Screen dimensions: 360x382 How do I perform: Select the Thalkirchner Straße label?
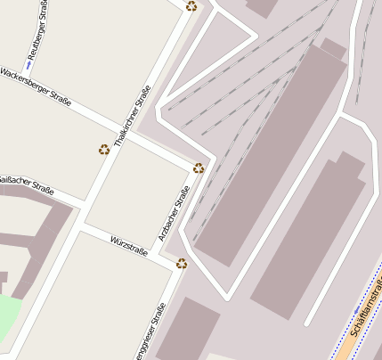(132, 116)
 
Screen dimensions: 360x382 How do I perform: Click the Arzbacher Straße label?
(174, 214)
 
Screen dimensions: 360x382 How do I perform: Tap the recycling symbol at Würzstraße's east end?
(183, 263)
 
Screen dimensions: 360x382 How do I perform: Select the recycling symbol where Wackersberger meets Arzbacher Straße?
(199, 168)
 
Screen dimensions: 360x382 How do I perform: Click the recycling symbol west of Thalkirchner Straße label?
(104, 149)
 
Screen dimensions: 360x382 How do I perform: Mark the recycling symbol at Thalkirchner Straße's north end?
(191, 6)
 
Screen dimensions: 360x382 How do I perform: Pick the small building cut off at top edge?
(263, 6)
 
